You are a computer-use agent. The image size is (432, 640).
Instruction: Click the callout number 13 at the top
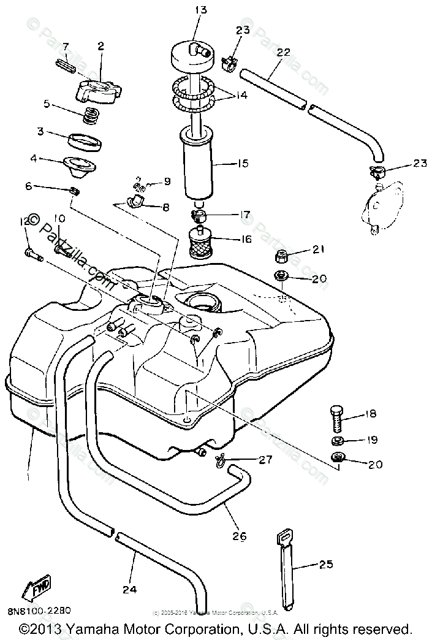(201, 9)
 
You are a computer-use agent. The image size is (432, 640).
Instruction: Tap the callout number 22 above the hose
(282, 53)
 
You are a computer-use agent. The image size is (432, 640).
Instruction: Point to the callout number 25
(326, 564)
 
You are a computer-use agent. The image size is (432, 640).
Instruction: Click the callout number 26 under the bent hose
(239, 536)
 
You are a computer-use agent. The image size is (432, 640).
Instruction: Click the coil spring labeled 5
(90, 115)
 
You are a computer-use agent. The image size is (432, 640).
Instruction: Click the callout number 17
(244, 215)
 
